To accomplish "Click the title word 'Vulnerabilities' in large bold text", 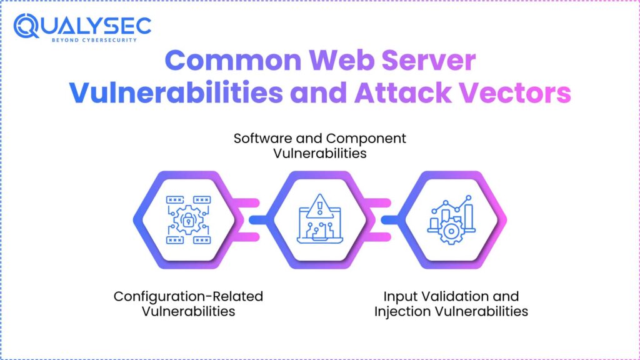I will (176, 93).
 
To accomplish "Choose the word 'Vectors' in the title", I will (521, 93).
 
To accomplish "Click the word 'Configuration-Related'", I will (187, 296).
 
